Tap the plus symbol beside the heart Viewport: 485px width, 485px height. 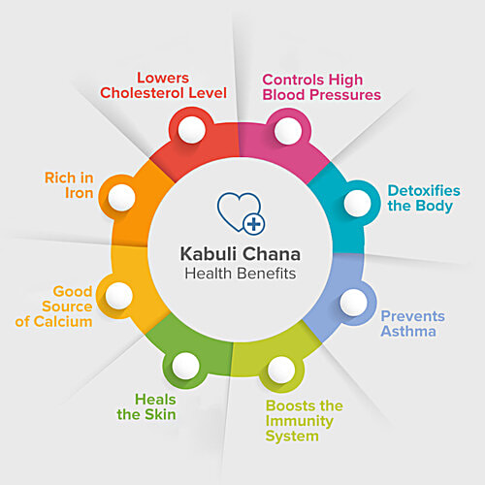pos(254,224)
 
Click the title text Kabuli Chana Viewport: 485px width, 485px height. pos(241,254)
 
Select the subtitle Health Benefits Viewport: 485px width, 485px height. pos(241,274)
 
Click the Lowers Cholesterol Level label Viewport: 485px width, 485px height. pos(163,85)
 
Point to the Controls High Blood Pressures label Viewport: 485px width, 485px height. pos(322,87)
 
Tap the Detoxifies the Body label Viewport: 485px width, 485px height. pos(424,199)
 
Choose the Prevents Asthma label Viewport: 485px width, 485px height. pos(413,324)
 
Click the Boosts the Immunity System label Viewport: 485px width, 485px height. pos(305,421)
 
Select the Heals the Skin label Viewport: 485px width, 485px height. pos(146,407)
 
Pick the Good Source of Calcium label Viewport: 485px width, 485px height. pos(53,307)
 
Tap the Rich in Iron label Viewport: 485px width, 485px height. pos(69,185)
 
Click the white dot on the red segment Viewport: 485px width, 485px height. pos(192,130)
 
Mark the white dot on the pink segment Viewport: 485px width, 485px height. pos(288,131)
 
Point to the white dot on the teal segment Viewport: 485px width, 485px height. pos(358,204)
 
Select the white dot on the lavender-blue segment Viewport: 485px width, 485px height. pos(354,303)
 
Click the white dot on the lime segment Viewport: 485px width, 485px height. pos(281,370)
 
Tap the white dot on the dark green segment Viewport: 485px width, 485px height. pos(185,366)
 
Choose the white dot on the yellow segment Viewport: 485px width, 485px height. pos(119,296)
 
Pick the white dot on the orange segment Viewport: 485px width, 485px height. pos(121,198)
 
